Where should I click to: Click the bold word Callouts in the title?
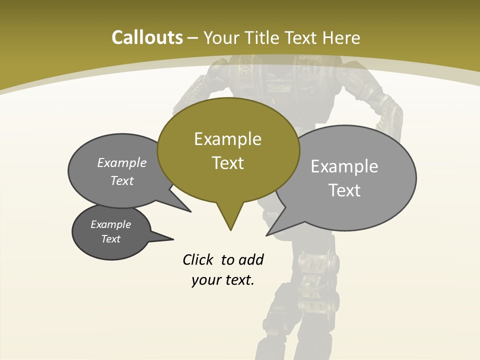147,37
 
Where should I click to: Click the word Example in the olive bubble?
227,139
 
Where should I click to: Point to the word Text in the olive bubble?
227,163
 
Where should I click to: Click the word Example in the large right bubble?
344,166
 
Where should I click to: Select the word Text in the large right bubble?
344,190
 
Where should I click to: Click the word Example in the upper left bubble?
122,163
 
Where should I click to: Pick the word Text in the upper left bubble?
122,180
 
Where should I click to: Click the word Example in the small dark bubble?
110,224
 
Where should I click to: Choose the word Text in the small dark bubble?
110,239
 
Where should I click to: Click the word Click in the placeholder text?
198,259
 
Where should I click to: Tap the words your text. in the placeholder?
222,280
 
